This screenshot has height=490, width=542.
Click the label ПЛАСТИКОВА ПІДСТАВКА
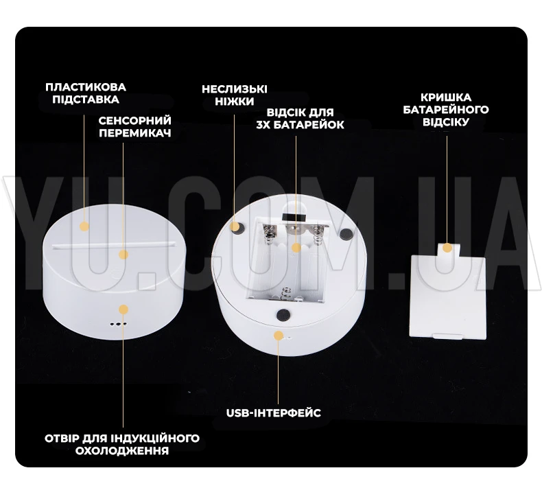click(x=86, y=93)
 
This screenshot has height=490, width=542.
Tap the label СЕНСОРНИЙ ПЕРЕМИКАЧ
click(x=134, y=126)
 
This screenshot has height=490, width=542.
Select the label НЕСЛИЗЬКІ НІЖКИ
click(x=235, y=95)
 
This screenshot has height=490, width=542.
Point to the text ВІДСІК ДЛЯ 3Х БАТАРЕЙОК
click(x=300, y=118)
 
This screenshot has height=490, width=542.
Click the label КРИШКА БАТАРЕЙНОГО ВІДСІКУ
click(x=446, y=109)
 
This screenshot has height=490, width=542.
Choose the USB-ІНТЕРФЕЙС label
click(x=274, y=412)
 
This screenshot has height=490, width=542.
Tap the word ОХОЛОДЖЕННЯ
click(x=122, y=451)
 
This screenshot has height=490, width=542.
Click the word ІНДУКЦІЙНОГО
click(x=155, y=438)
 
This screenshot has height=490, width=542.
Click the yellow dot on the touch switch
click(x=123, y=255)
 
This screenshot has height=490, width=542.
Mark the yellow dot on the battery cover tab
click(x=447, y=248)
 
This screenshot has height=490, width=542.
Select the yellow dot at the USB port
click(x=279, y=336)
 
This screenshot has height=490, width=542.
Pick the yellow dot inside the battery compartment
click(x=296, y=248)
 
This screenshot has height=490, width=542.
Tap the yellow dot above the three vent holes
click(x=123, y=309)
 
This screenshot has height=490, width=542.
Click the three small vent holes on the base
click(x=118, y=325)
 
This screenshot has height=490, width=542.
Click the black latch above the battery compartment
click(x=294, y=218)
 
